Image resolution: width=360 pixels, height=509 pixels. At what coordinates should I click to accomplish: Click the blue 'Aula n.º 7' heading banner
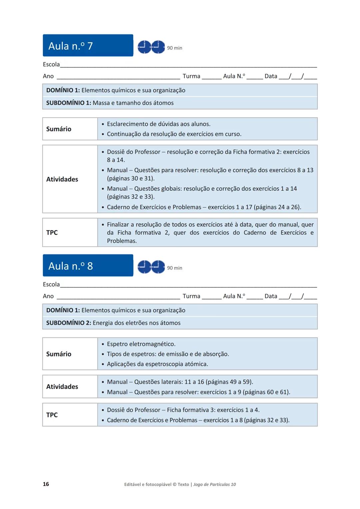[88, 46]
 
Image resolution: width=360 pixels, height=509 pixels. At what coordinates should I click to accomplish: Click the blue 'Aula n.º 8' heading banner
[88, 266]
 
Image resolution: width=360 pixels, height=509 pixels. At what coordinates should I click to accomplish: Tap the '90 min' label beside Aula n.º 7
[174, 48]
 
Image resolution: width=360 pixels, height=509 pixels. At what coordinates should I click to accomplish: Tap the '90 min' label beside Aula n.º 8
[174, 268]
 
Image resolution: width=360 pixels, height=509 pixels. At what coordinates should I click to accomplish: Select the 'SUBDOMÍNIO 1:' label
[68, 103]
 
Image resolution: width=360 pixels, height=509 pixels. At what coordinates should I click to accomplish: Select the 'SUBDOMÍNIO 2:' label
[68, 323]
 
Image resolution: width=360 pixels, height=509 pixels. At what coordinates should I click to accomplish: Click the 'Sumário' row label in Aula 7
[59, 129]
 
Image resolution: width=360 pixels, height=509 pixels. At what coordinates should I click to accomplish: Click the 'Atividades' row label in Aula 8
[62, 387]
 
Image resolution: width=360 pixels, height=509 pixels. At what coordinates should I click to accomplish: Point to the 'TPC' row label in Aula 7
[52, 233]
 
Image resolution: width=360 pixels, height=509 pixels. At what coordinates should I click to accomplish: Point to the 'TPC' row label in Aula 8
[52, 415]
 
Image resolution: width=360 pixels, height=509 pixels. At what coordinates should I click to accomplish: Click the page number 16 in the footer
[46, 484]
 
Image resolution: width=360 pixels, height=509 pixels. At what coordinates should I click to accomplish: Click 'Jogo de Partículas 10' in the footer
[214, 484]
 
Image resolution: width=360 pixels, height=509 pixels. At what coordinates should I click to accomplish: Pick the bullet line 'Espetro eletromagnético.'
[141, 344]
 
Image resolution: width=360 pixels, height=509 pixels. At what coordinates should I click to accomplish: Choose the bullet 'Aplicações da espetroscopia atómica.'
[157, 364]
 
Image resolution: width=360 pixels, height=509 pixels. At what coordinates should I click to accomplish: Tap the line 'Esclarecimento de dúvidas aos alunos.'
[159, 124]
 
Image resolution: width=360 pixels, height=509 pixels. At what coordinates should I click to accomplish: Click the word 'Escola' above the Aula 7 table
[51, 64]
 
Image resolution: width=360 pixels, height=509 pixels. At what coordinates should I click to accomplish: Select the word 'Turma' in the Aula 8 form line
[191, 296]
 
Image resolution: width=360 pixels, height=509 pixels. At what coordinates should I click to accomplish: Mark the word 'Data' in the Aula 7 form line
[271, 76]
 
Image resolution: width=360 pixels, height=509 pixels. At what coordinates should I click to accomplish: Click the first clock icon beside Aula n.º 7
[144, 47]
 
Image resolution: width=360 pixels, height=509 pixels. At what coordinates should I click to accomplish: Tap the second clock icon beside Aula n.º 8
[158, 267]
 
